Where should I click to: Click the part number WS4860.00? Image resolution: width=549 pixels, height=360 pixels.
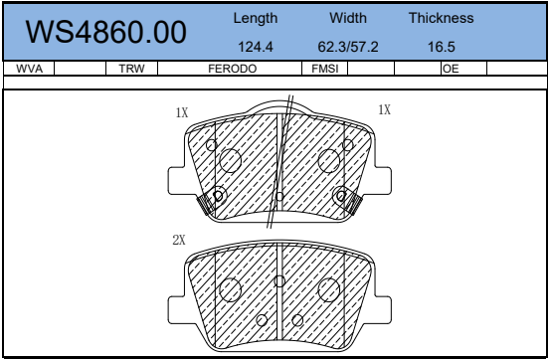pos(105,32)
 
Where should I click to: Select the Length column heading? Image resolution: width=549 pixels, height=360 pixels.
pos(256,19)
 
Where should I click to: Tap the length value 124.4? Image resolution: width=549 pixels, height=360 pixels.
pos(256,47)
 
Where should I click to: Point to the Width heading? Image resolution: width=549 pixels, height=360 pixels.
pos(348,18)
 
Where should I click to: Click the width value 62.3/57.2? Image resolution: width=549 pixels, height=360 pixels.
pos(348,47)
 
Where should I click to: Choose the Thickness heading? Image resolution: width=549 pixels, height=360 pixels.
pos(442,18)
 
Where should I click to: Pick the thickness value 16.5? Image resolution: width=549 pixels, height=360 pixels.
pos(442,47)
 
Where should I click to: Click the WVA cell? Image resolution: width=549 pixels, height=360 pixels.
pos(30,69)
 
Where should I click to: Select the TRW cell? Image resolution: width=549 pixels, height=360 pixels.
pos(131,69)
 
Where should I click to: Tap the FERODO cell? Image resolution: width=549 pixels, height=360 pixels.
pos(233,69)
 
